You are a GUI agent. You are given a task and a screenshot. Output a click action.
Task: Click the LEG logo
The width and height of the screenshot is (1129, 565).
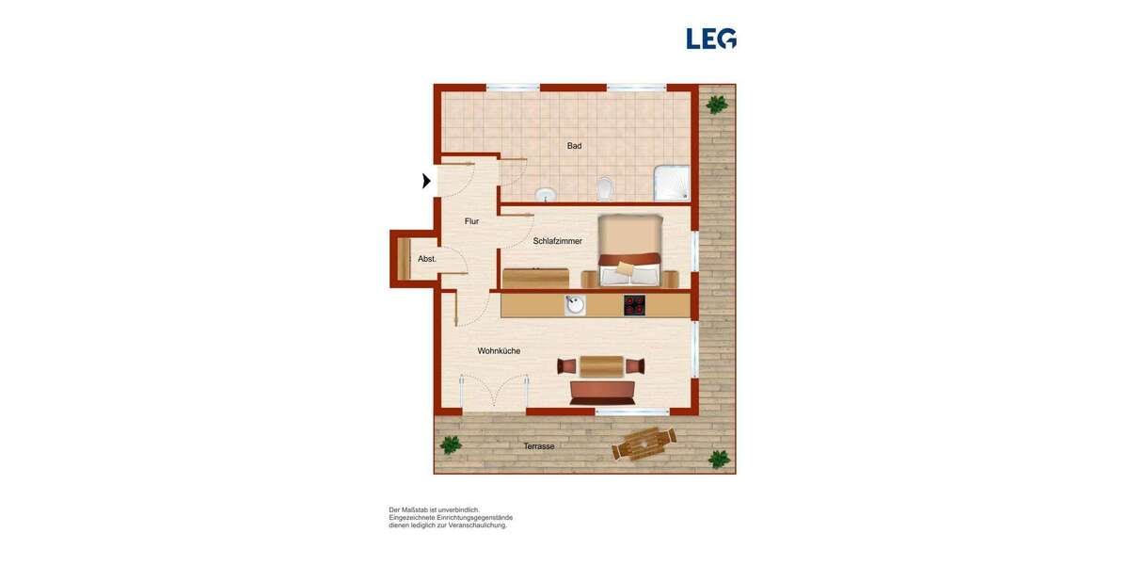[711, 39]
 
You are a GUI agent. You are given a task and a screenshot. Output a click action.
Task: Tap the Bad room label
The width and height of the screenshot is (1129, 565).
[574, 146]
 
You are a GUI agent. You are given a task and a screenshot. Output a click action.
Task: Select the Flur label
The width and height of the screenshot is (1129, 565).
[471, 221]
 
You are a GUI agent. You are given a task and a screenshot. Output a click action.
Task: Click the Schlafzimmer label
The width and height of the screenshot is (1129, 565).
[557, 241]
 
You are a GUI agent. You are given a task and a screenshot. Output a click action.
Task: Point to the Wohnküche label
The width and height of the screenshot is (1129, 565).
[499, 351]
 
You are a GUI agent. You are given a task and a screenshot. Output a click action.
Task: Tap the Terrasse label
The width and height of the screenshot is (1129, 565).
[539, 446]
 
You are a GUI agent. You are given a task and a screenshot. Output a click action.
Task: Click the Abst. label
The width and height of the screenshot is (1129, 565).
[427, 259]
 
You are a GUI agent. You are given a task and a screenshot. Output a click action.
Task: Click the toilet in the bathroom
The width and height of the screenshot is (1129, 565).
[605, 188]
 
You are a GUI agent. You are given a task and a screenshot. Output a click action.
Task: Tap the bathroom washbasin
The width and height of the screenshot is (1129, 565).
[546, 195]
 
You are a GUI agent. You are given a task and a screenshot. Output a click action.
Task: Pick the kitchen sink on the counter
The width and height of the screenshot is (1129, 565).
[575, 305]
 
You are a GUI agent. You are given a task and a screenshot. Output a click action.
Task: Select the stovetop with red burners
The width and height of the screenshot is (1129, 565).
[634, 305]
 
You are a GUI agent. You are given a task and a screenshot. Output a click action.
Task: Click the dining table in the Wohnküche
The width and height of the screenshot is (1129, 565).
[602, 365]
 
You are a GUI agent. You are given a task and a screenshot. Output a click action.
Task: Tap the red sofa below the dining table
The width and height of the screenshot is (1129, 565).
[602, 392]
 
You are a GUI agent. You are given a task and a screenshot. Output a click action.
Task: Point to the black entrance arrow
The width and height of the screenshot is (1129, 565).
[426, 181]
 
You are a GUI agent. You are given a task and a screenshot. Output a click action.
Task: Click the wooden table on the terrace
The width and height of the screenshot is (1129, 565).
[644, 442]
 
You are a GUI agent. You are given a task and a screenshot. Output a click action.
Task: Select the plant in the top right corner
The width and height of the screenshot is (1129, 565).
[717, 104]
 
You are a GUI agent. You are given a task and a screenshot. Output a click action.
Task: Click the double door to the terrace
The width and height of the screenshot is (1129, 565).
[494, 395]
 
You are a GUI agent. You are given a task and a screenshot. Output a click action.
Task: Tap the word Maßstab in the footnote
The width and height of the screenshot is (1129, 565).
[423, 510]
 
